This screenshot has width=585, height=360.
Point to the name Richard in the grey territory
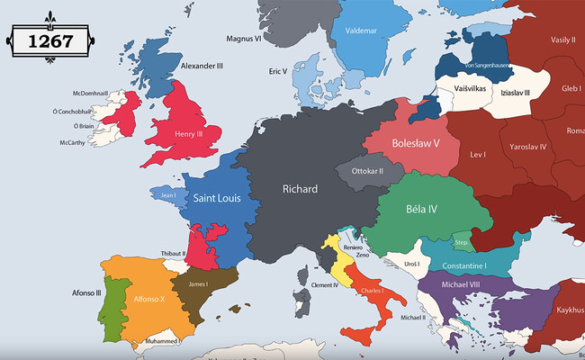[x=300, y=189]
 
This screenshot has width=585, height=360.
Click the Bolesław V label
[x=416, y=143]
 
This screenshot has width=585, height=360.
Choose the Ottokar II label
[x=367, y=171]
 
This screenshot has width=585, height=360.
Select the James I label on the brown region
[x=198, y=284]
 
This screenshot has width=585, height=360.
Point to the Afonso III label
[x=86, y=292]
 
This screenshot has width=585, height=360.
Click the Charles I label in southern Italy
[x=371, y=291]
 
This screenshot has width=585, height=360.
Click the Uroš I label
[x=413, y=263]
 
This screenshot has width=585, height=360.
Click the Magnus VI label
[x=244, y=38]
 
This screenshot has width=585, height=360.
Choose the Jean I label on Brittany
[x=167, y=195]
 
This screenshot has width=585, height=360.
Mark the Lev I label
[x=478, y=155]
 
